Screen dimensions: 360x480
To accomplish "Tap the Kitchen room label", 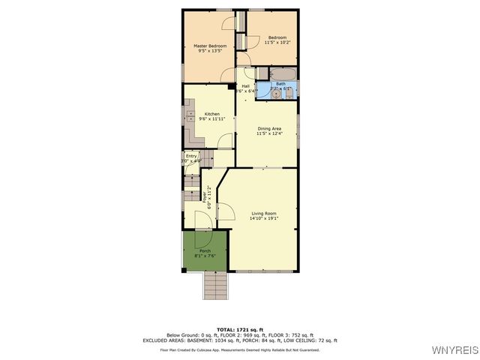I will (x=212, y=114).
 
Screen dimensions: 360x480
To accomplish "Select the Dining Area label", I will (x=269, y=129).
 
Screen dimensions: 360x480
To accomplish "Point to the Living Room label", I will (x=263, y=214).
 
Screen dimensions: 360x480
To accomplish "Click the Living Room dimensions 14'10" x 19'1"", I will (x=263, y=219).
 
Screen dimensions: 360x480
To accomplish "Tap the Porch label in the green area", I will (x=204, y=250).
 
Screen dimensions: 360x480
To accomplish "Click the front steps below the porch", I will (x=215, y=284).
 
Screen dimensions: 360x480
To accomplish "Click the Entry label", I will (x=191, y=156).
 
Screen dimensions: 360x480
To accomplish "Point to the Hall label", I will (x=245, y=86).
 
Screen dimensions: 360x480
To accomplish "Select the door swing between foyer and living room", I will (x=223, y=210).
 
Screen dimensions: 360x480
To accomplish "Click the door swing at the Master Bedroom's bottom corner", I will (x=227, y=73).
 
